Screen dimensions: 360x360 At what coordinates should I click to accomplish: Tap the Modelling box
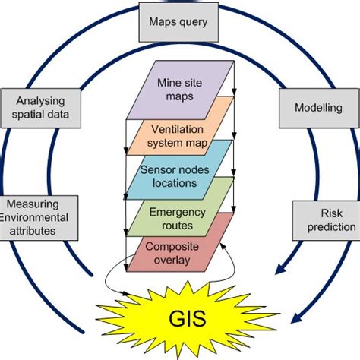tap(317, 108)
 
